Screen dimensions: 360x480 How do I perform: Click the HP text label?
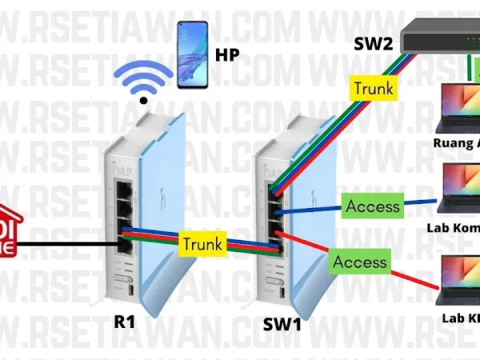229,56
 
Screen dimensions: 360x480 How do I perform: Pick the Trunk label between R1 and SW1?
201,242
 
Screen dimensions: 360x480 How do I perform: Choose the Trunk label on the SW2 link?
374,88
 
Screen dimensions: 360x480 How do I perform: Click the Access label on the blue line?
372,206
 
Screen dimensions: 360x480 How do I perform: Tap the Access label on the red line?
360,262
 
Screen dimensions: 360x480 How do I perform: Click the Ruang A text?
456,146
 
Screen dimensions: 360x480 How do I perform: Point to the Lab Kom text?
455,227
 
